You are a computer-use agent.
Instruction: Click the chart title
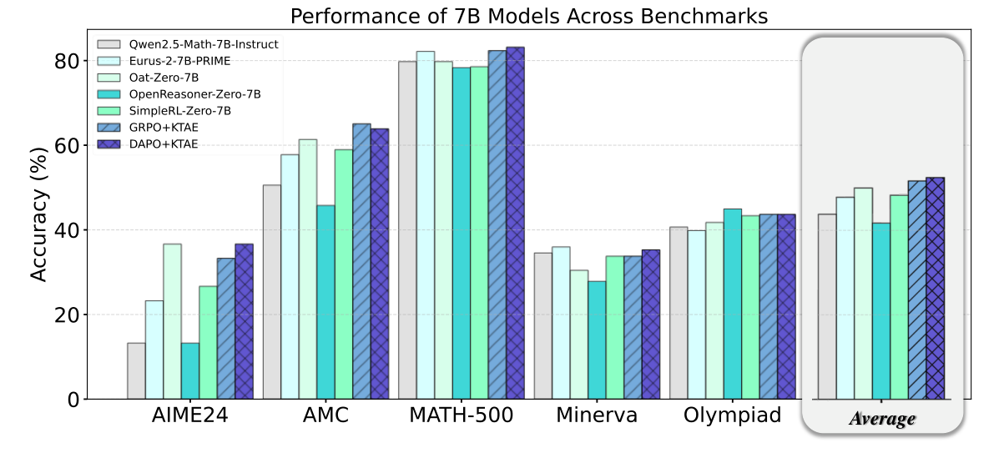click(528, 15)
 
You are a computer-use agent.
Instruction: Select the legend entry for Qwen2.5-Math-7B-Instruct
click(199, 44)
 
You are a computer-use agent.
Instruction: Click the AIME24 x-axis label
click(190, 415)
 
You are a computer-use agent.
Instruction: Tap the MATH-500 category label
click(462, 415)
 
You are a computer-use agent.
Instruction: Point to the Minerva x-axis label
click(597, 415)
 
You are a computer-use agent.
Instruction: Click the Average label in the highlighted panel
click(881, 419)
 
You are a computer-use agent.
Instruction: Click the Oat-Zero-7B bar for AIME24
click(172, 321)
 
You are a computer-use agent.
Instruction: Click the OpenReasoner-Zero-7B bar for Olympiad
click(732, 304)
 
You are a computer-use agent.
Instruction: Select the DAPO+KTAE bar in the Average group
click(936, 288)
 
